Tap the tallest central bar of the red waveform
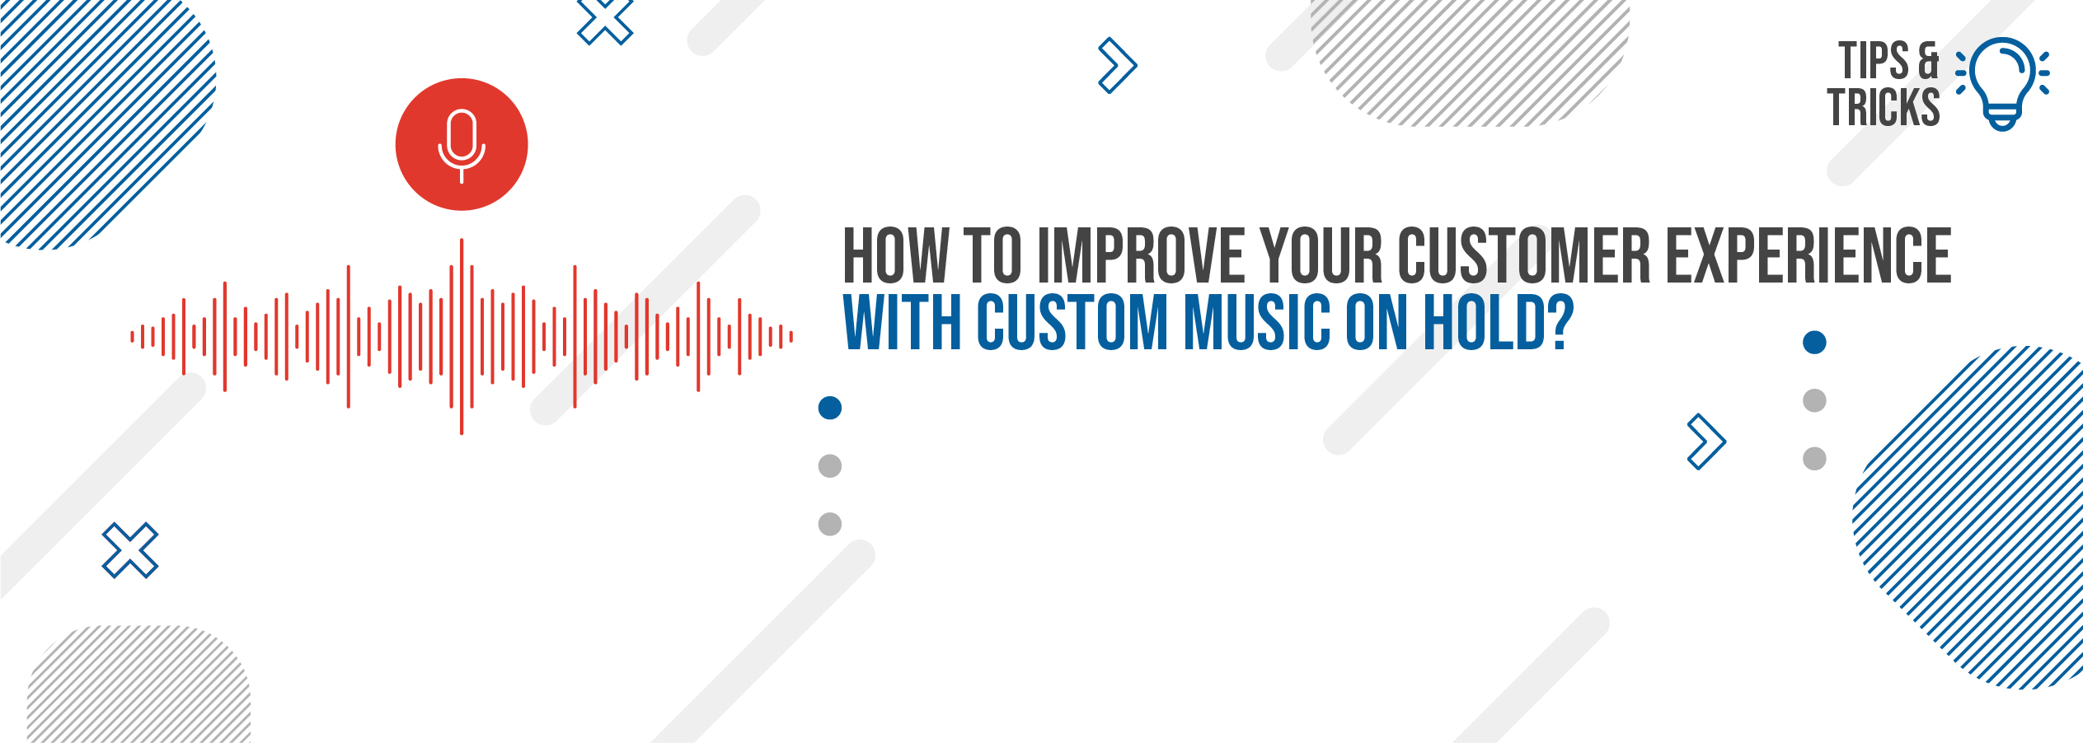pos(462,336)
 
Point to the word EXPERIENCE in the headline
pos(1809,255)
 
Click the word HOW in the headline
pos(895,255)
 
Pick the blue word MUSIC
pos(1256,321)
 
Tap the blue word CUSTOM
pos(1072,321)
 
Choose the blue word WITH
pos(902,321)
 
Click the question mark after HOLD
pos(1560,321)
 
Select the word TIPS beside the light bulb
pos(1874,61)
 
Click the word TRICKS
pos(1884,107)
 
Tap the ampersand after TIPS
pos(1929,61)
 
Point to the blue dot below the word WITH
pos(829,408)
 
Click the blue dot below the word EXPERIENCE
pos(1814,342)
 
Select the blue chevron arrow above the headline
pos(1118,65)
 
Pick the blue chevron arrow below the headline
pos(1706,442)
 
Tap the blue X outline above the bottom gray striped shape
pos(130,550)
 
